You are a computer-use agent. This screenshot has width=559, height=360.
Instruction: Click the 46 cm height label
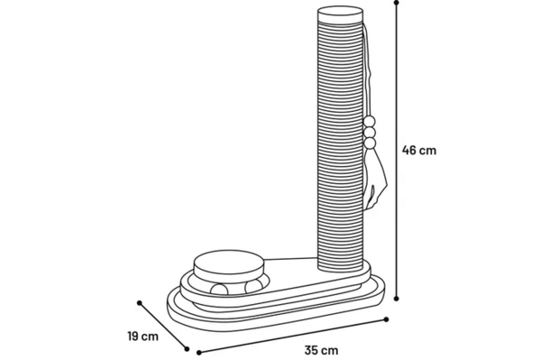[419, 150]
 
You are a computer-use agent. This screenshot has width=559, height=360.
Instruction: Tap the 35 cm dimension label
[321, 350]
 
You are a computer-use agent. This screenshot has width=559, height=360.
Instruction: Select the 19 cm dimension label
[143, 337]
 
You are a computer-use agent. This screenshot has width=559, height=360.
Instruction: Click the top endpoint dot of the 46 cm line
[397, 3]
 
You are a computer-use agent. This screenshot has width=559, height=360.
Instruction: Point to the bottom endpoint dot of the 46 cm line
[397, 299]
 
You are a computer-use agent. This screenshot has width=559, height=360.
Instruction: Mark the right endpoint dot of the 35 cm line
[386, 319]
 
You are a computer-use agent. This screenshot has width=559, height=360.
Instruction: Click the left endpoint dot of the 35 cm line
[199, 353]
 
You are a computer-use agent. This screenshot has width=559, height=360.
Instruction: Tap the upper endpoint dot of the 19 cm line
[140, 303]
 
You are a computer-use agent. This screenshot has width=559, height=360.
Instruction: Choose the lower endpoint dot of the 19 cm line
[187, 349]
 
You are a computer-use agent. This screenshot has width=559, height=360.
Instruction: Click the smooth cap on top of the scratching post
[341, 15]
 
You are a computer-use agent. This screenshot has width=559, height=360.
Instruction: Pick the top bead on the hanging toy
[370, 122]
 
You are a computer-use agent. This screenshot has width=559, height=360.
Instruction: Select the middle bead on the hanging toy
[370, 133]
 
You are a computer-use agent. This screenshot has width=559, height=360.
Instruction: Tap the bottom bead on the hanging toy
[371, 143]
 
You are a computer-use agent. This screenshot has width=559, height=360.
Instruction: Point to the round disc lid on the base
[229, 265]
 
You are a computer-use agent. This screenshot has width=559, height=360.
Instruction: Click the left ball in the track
[219, 290]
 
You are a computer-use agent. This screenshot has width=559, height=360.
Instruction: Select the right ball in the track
[253, 286]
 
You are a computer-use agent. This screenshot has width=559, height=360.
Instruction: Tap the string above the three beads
[367, 71]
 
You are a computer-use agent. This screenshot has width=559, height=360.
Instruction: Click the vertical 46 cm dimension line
[397, 151]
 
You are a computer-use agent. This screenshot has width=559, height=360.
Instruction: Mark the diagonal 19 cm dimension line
[163, 326]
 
